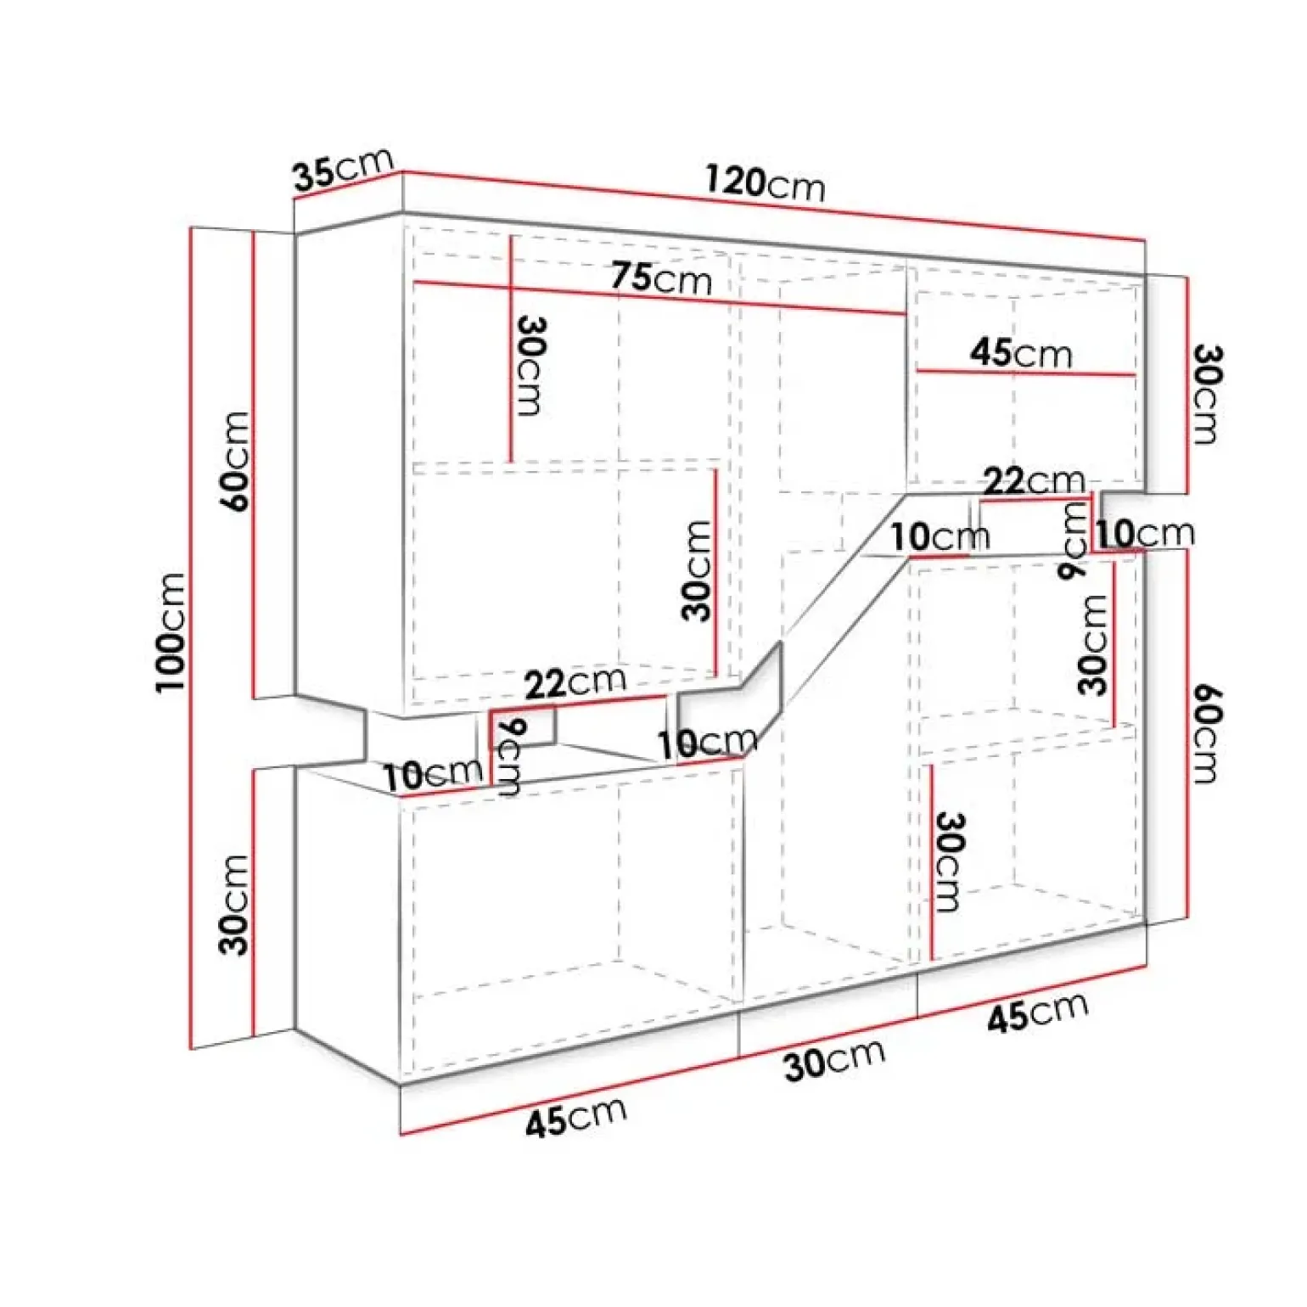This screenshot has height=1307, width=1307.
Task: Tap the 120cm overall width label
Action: pyautogui.click(x=765, y=182)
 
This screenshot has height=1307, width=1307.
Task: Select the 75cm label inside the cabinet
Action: pyautogui.click(x=661, y=278)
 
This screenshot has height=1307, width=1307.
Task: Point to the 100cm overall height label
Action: pyautogui.click(x=171, y=632)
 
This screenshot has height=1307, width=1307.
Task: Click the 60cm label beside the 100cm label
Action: pyautogui.click(x=235, y=461)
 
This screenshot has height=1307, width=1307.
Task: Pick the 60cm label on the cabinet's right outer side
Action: pyautogui.click(x=1205, y=734)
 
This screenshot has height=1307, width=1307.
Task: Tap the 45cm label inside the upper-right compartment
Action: pyautogui.click(x=1021, y=352)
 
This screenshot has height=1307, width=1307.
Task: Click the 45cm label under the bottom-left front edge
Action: pyautogui.click(x=576, y=1116)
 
